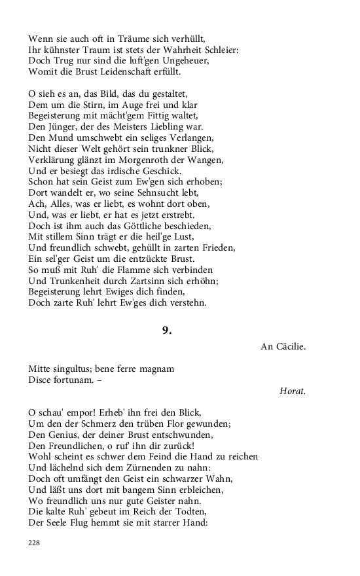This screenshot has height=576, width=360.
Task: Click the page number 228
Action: point(34,543)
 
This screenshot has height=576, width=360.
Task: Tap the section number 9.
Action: point(167,331)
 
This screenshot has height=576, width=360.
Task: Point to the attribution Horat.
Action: point(293,391)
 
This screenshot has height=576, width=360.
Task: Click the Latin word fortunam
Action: point(70,380)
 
